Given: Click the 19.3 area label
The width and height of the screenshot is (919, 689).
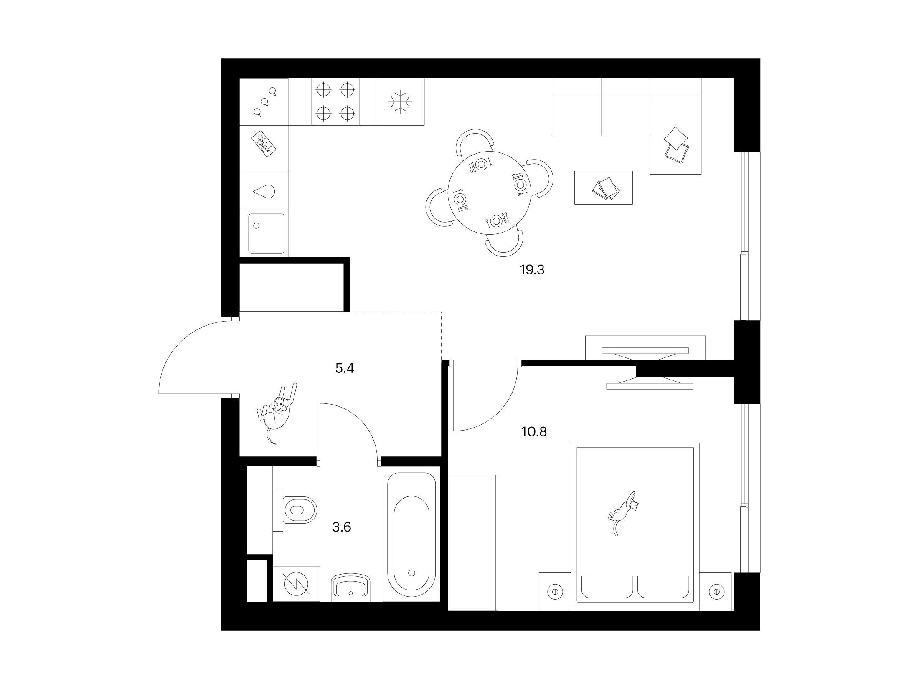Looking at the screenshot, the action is point(532,270).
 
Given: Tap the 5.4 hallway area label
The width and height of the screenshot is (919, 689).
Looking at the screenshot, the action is point(345,368).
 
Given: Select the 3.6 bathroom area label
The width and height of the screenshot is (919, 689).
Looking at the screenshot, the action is point(341,527).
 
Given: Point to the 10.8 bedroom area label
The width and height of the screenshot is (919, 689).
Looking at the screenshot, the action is point(534,431).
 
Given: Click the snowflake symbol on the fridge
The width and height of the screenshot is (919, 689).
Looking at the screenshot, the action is point(400,101).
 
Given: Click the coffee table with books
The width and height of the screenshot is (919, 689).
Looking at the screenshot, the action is point(603,187).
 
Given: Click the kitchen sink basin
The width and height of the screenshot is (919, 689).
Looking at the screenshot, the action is point(266,233).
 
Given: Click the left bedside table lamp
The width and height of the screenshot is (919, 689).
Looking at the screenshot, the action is point(555,591).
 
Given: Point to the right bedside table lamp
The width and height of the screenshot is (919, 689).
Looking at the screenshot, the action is point(717,591).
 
